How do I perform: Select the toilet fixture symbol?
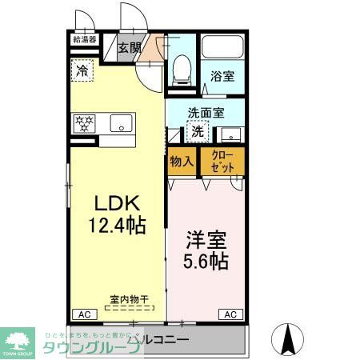180,70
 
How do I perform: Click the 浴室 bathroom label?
222,76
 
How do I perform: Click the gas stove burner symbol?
84,123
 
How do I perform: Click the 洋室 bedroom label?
206,239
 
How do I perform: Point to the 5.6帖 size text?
206,261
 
